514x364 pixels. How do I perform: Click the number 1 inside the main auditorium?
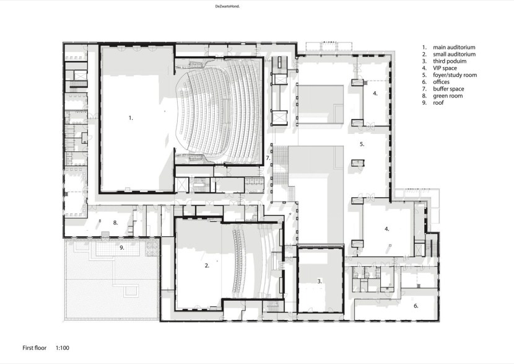coord(131,118)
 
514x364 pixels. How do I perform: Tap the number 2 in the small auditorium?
coord(207,265)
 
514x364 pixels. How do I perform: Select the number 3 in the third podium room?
coord(320,282)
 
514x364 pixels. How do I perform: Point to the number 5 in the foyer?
coord(362,144)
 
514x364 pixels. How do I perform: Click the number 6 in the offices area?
coord(416,306)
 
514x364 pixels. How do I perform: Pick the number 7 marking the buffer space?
coord(268,158)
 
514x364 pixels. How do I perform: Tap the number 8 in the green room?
coord(115,223)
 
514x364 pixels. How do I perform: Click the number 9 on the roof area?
coord(121,248)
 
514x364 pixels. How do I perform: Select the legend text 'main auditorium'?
coord(454,47)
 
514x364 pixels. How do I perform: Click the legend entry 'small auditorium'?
coord(455,54)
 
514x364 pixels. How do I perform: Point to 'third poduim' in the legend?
coord(450,61)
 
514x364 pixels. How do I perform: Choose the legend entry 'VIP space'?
coord(445,68)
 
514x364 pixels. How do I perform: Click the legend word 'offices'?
coord(441,82)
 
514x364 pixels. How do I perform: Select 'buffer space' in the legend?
coord(448,89)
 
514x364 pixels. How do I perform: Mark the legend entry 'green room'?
coord(448,96)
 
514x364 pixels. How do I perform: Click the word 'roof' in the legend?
coord(438,103)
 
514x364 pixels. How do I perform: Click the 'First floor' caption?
coord(35,348)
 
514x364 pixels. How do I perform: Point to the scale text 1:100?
coord(63,348)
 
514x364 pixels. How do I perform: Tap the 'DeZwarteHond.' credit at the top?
coord(227,6)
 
